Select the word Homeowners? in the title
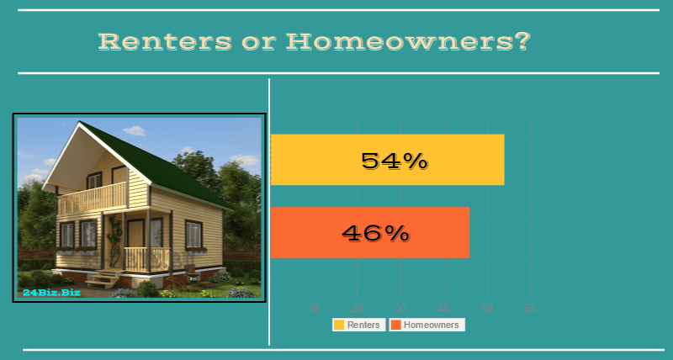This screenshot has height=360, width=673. tap(408, 41)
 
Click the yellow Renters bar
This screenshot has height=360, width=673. tap(387, 159)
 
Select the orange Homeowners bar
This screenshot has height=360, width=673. tap(369, 232)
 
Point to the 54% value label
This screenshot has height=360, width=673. tap(395, 160)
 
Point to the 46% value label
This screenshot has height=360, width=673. tap(375, 233)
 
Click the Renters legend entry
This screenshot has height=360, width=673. tap(358, 325)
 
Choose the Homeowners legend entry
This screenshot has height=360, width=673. tap(427, 325)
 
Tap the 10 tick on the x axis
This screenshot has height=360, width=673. tap(315, 308)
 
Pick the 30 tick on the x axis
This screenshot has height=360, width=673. tap(400, 308)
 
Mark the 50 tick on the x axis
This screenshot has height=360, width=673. tap(487, 308)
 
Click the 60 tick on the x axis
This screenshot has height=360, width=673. tap(530, 308)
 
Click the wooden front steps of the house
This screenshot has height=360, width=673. tap(103, 280)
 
